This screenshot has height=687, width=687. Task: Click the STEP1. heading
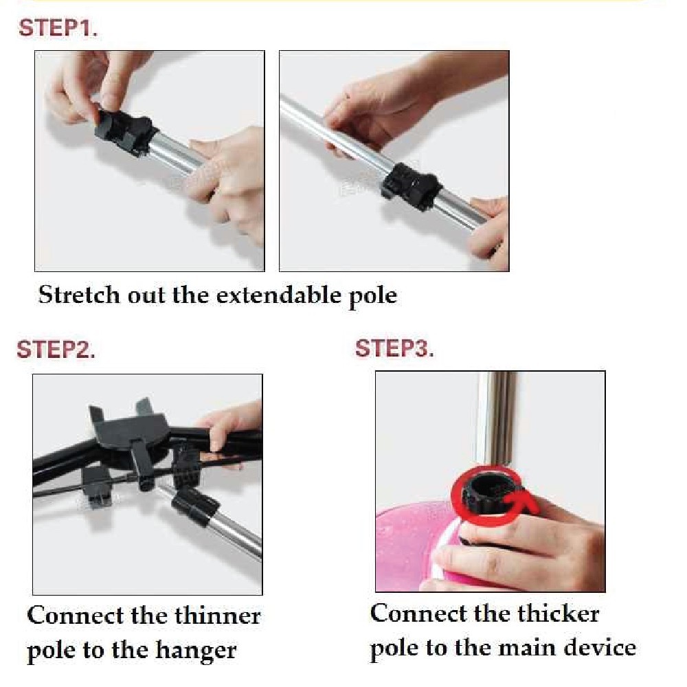click(58, 28)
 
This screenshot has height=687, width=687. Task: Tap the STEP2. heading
click(56, 350)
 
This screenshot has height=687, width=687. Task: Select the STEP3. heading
click(394, 349)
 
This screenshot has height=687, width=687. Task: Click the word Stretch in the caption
click(79, 295)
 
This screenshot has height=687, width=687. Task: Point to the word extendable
click(279, 295)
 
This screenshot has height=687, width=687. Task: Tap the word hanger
click(196, 650)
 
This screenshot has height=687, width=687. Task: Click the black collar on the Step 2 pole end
click(195, 506)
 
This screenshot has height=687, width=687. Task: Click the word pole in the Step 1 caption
click(373, 295)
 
